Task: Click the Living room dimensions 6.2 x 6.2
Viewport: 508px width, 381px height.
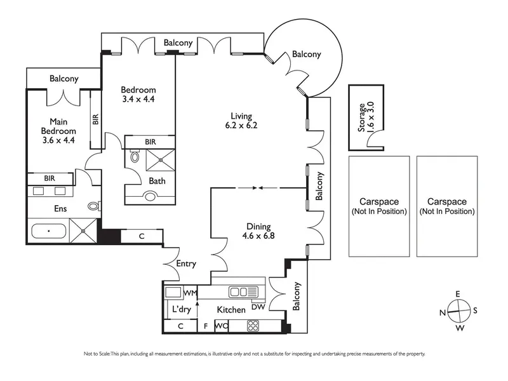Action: click(x=241, y=125)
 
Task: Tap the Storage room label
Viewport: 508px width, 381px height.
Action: click(x=361, y=117)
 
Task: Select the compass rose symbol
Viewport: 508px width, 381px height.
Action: click(x=458, y=311)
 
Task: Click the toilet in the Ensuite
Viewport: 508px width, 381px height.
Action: click(x=94, y=206)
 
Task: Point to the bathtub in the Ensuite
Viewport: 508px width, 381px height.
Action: click(x=49, y=231)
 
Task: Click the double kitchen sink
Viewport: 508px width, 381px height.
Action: click(x=243, y=292)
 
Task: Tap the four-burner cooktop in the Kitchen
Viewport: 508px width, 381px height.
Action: click(x=253, y=326)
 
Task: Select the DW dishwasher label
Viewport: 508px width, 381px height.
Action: click(x=258, y=307)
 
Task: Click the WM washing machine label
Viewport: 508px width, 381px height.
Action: click(x=190, y=293)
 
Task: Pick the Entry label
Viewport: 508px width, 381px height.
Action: click(x=186, y=264)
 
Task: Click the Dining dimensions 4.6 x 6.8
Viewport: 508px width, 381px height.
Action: click(x=258, y=236)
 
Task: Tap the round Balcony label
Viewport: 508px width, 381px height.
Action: click(x=307, y=54)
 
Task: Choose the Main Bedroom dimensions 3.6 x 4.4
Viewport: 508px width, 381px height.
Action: click(x=58, y=140)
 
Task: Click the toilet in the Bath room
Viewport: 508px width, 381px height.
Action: click(x=135, y=156)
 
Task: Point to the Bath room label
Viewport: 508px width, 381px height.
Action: click(x=157, y=181)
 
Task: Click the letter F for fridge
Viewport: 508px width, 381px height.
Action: click(x=205, y=326)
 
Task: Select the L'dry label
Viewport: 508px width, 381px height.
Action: click(x=182, y=309)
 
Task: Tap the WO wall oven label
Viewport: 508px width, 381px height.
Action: click(x=222, y=326)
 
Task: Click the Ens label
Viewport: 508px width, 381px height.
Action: click(x=60, y=209)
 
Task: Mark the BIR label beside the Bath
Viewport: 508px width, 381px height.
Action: click(x=150, y=142)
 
